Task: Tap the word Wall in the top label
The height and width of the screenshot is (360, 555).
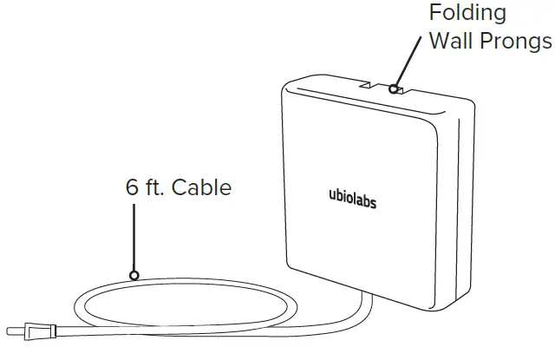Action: point(454,41)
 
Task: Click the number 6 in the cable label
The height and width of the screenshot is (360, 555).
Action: point(132,187)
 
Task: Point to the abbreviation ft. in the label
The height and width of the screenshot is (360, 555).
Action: point(158,187)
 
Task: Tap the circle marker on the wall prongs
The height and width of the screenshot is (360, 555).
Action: point(395,88)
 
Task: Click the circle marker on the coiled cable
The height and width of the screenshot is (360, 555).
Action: point(134,275)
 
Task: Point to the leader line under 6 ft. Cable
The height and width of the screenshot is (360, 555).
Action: point(134,234)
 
